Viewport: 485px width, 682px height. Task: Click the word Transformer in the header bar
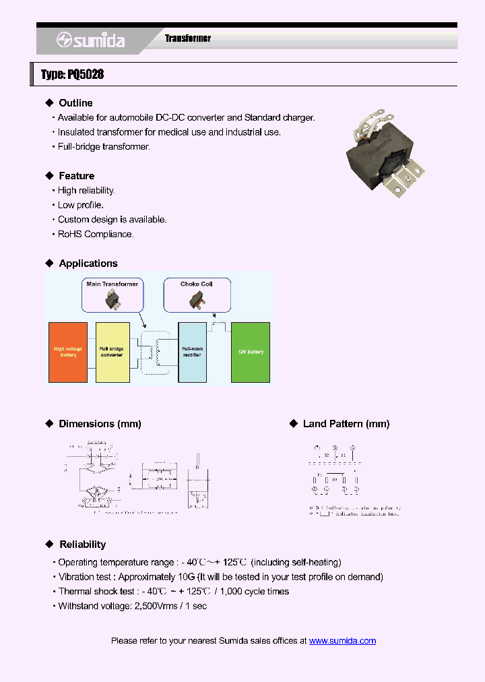click(188, 38)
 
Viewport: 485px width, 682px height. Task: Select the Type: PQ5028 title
click(73, 74)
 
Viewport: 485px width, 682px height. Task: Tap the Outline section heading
click(75, 103)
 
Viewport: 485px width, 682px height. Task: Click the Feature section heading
click(76, 176)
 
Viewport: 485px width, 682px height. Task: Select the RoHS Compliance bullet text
click(96, 234)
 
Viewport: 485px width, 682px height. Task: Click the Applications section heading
click(88, 263)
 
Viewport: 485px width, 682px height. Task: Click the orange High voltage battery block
click(68, 352)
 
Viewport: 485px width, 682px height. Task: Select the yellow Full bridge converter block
click(112, 352)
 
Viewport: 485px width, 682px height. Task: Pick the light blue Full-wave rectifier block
click(193, 352)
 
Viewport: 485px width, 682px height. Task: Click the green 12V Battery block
click(251, 352)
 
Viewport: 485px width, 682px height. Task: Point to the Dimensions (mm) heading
click(100, 424)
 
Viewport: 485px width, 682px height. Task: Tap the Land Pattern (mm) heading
click(346, 424)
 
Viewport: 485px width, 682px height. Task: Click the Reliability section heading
click(82, 545)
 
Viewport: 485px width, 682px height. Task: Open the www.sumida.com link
click(342, 641)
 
